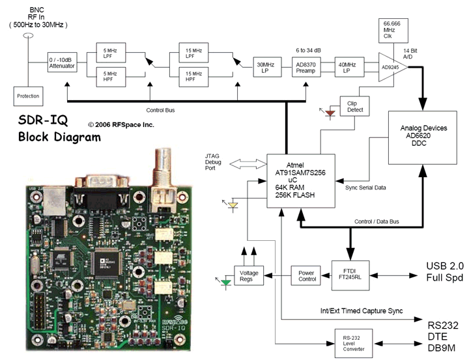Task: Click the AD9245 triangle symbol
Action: pyautogui.click(x=394, y=66)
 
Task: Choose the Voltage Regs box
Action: pyautogui.click(x=249, y=275)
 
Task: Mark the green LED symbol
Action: pyautogui.click(x=225, y=282)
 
